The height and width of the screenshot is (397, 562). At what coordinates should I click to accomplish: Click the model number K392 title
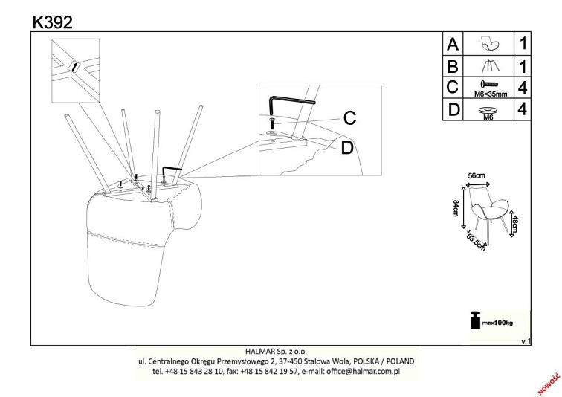(53, 22)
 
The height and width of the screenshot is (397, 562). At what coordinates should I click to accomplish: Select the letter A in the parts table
(453, 44)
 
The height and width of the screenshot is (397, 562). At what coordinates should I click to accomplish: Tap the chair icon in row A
(490, 43)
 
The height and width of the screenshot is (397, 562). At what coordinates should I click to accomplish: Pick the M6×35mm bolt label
(491, 94)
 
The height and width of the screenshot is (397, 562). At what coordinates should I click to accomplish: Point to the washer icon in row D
(488, 109)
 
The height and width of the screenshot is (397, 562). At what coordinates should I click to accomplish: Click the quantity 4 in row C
(523, 88)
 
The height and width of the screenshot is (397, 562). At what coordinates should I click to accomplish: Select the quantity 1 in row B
(523, 67)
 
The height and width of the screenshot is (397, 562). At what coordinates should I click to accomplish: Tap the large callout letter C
(349, 118)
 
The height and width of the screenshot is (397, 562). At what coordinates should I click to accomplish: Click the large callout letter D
(347, 148)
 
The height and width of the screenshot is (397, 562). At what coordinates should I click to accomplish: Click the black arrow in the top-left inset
(75, 67)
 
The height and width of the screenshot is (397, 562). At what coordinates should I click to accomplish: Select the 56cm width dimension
(477, 175)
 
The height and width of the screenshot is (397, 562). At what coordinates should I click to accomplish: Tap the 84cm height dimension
(456, 208)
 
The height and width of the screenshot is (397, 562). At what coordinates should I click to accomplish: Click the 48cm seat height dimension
(514, 224)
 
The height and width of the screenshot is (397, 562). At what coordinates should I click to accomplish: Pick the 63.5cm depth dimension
(477, 242)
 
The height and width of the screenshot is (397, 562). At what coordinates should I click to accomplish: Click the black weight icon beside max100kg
(475, 320)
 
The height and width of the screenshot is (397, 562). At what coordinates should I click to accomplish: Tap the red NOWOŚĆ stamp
(549, 383)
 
